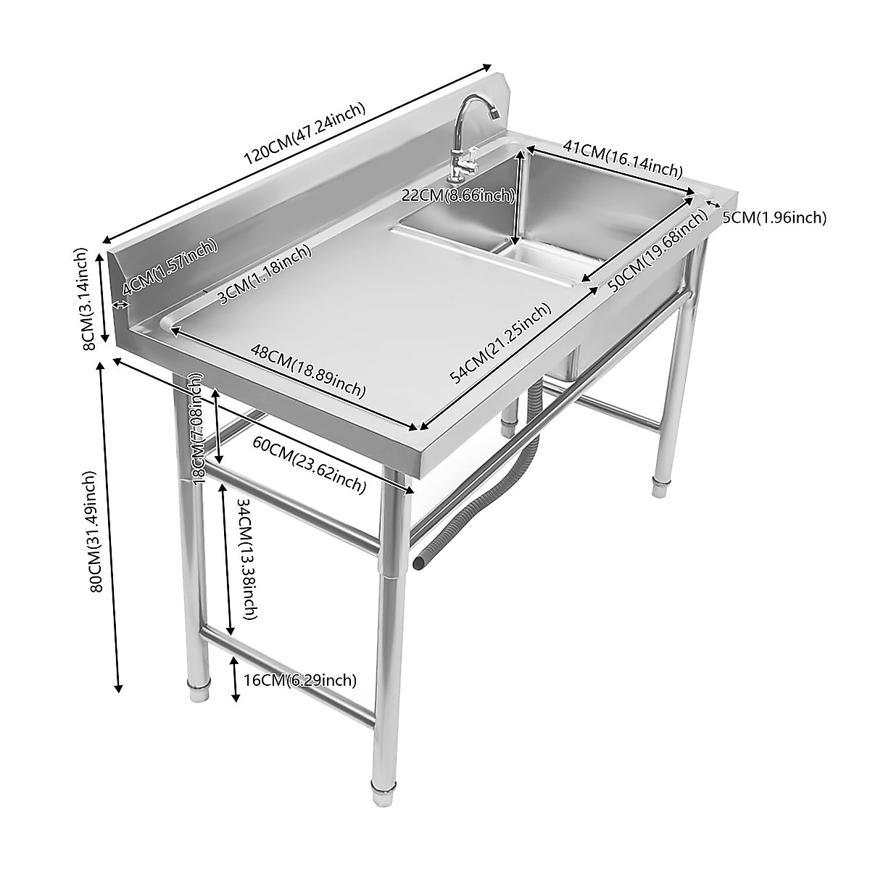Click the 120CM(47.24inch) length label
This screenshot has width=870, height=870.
point(304,133)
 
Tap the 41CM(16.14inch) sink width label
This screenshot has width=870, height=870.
point(623,159)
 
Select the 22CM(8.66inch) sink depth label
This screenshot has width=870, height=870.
point(457,195)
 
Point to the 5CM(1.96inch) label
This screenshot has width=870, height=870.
point(774,217)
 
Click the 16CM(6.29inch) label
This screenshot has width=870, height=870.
point(299,680)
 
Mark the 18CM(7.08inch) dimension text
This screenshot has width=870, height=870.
point(196,428)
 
